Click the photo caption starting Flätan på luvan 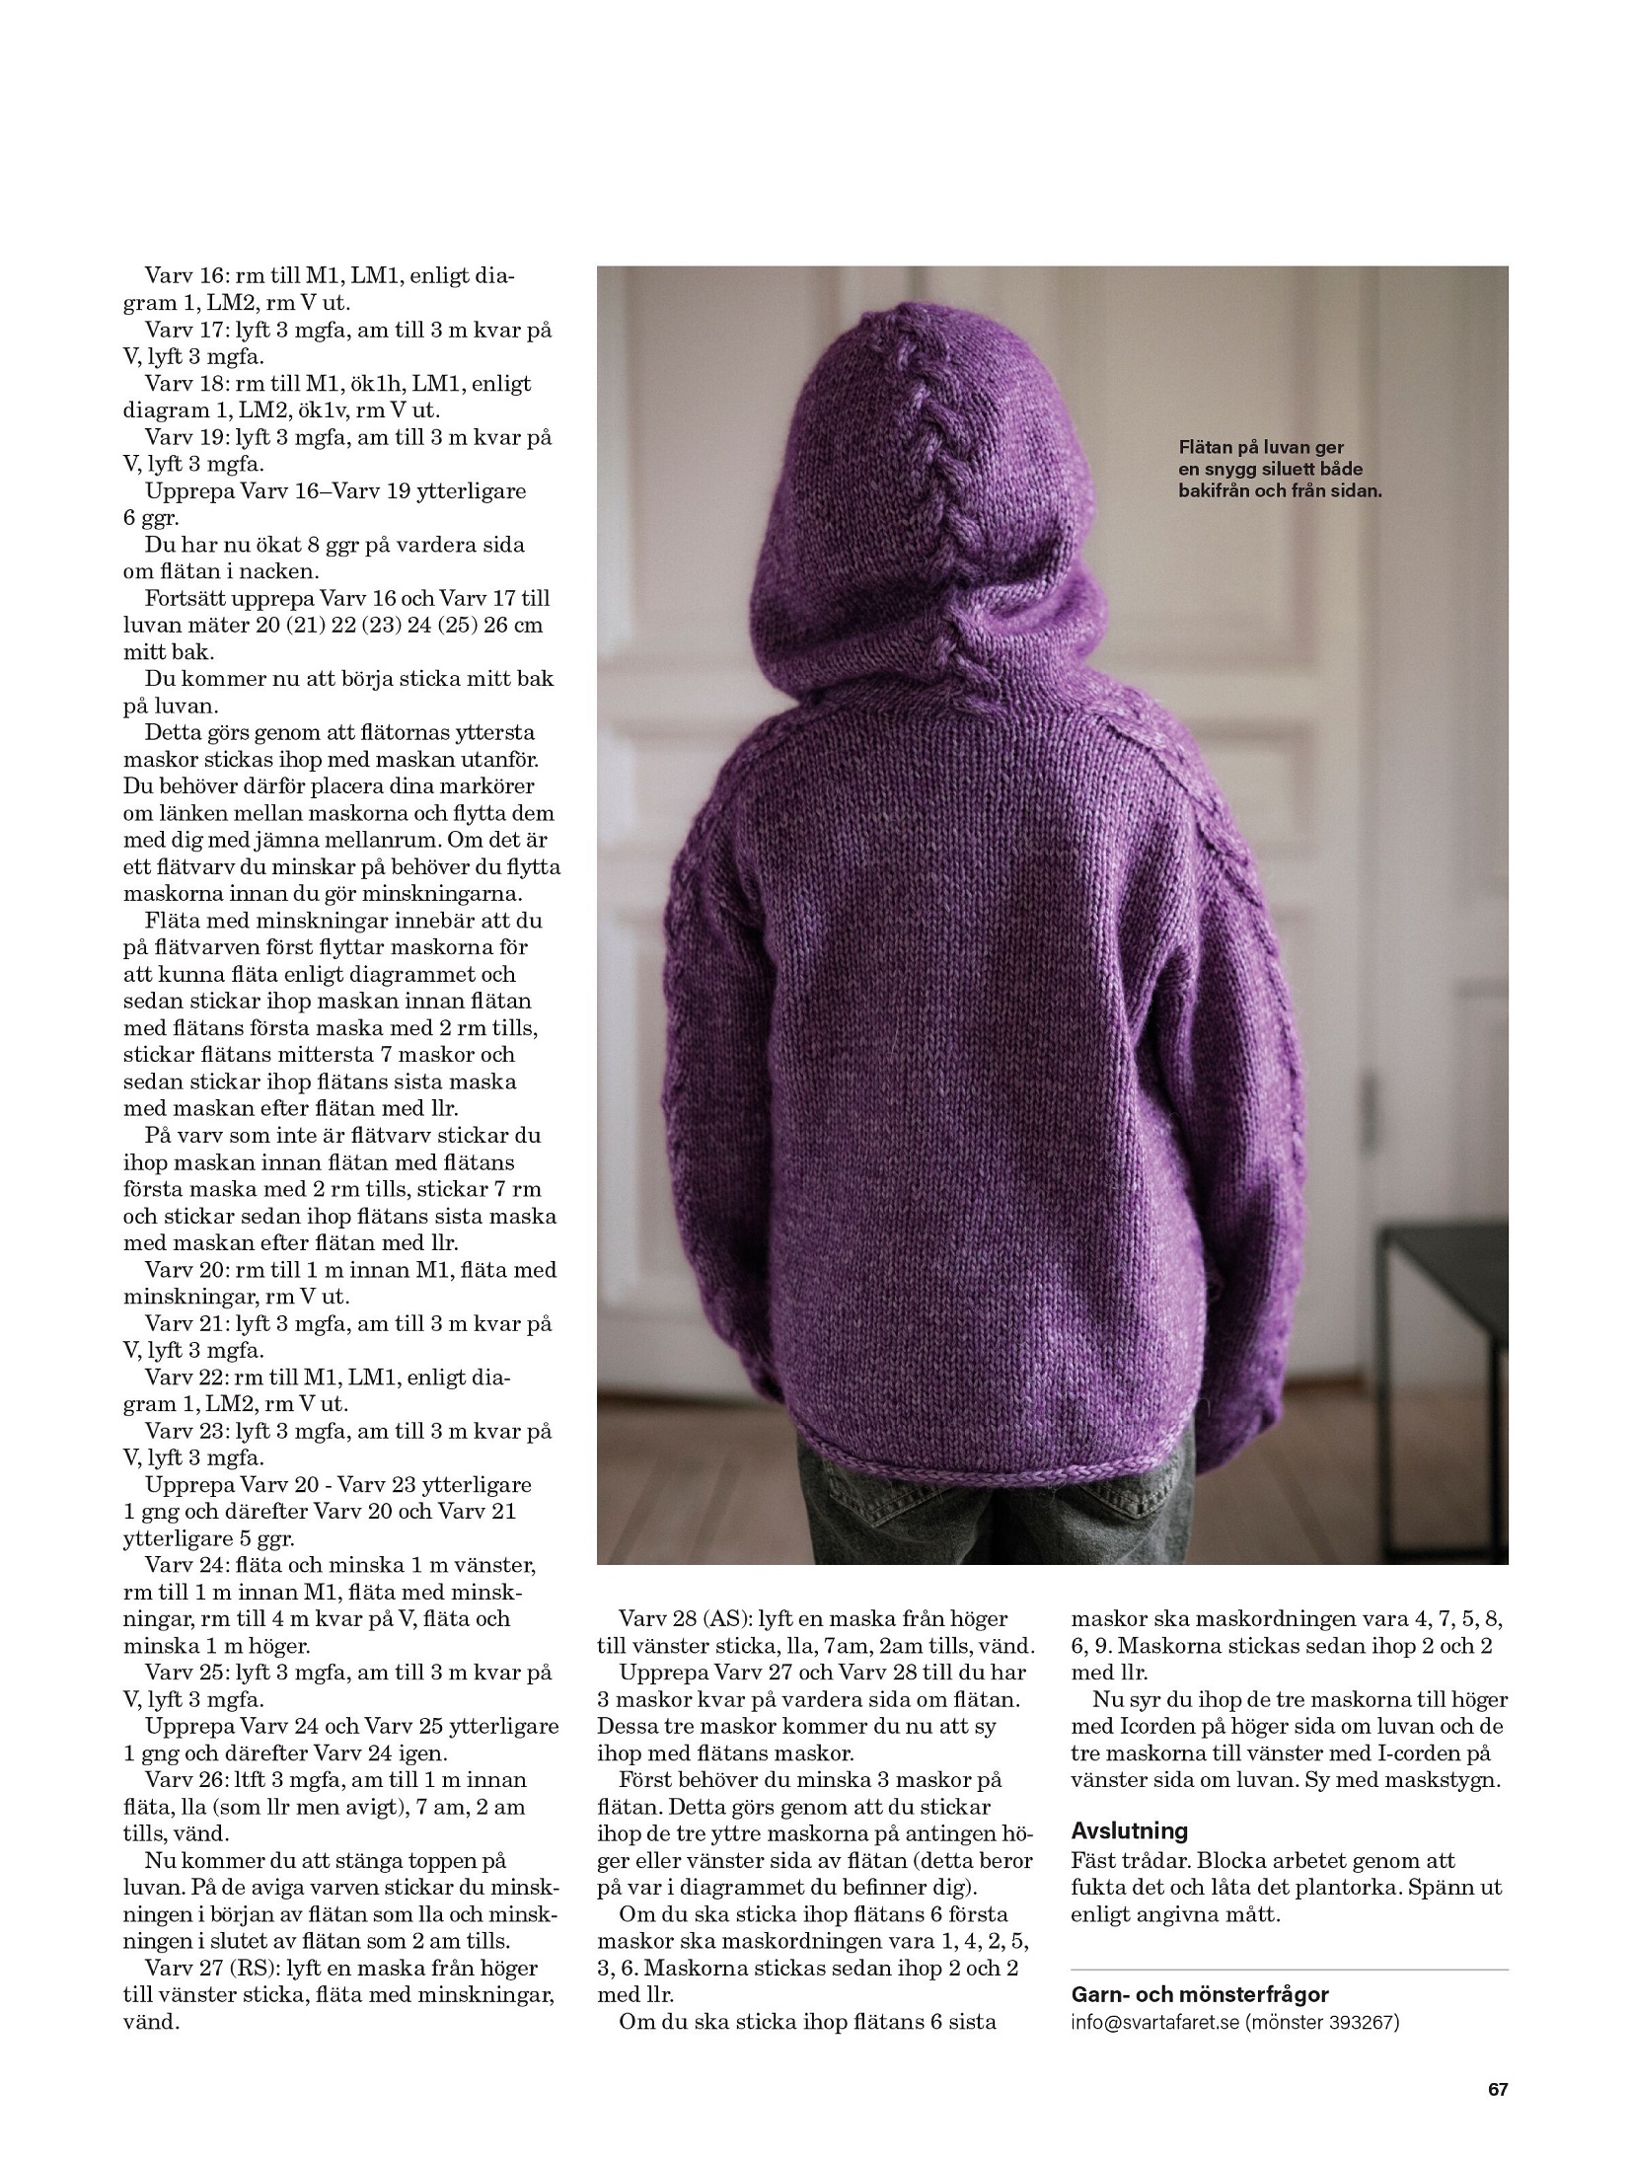[x=1279, y=469]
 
